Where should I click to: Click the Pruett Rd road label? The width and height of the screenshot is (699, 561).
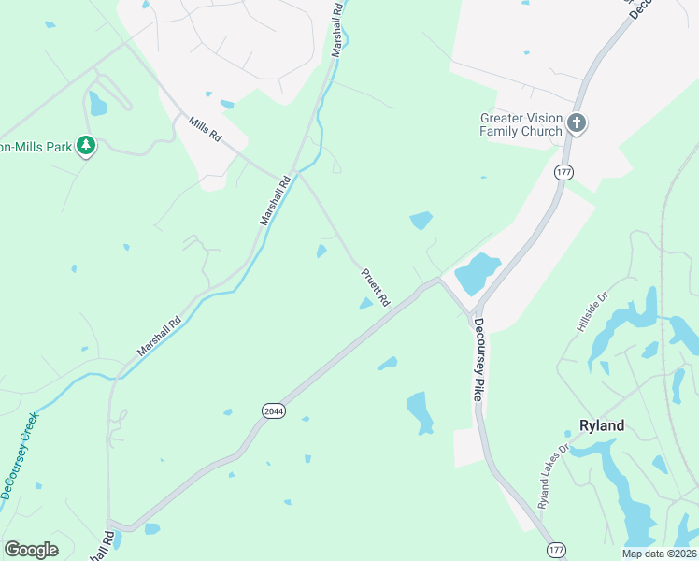coord(376,288)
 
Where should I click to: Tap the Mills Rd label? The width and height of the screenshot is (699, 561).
coord(205,129)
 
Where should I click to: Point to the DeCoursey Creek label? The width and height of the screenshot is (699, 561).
coord(20,455)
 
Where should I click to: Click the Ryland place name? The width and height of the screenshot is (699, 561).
coord(601,425)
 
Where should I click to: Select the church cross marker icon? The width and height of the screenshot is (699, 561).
coord(577,122)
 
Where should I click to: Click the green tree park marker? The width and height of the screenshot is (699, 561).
coord(86,146)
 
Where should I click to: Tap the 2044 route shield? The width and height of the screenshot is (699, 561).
coord(273,410)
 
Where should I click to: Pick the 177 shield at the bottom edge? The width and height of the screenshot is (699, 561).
coord(555,551)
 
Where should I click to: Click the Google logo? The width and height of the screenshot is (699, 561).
coord(31,550)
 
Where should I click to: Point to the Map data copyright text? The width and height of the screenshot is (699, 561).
coord(659,554)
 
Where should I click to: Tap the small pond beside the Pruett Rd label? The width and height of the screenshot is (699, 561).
coord(365,303)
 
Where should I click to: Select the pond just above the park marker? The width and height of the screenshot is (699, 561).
coord(97,104)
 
